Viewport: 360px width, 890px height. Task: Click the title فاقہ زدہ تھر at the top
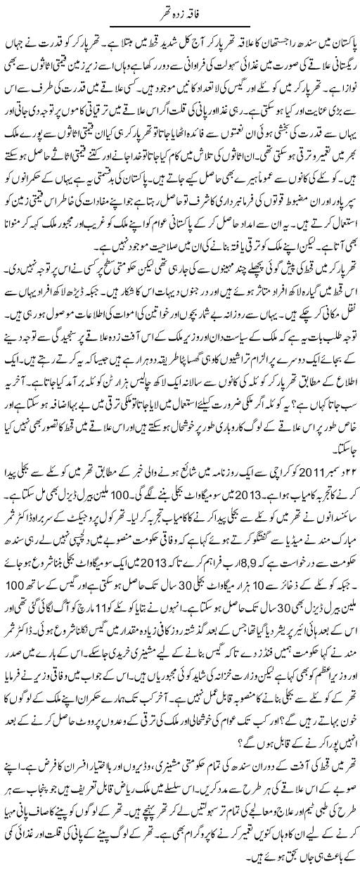click(180, 11)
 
